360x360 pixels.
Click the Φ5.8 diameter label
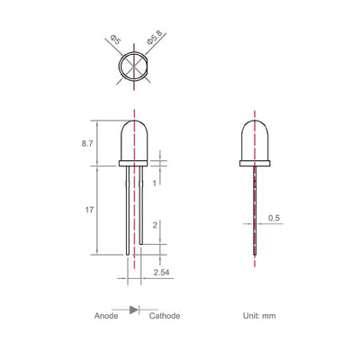click(153, 40)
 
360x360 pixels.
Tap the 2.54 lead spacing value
click(161, 271)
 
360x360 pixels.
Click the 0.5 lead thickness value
click(274, 219)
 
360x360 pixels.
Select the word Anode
click(108, 316)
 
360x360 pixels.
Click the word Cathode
click(164, 316)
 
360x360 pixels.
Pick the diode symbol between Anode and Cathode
click(134, 310)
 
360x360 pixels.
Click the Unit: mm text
click(258, 316)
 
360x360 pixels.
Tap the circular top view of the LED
click(134, 68)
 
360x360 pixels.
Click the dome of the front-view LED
click(134, 139)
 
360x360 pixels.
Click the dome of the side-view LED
click(255, 139)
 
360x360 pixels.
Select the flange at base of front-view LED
click(134, 165)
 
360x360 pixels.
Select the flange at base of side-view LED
click(255, 165)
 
